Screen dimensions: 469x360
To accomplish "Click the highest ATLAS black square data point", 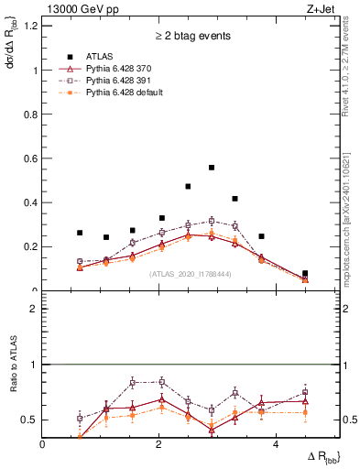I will pos(212,168).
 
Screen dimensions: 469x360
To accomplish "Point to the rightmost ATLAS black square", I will pos(305,273).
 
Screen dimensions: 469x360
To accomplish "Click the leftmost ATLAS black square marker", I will pos(80,233).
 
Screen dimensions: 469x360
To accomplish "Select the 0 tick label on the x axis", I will pos(43,442).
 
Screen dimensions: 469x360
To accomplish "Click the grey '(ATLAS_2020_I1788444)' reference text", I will pos(190,274).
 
